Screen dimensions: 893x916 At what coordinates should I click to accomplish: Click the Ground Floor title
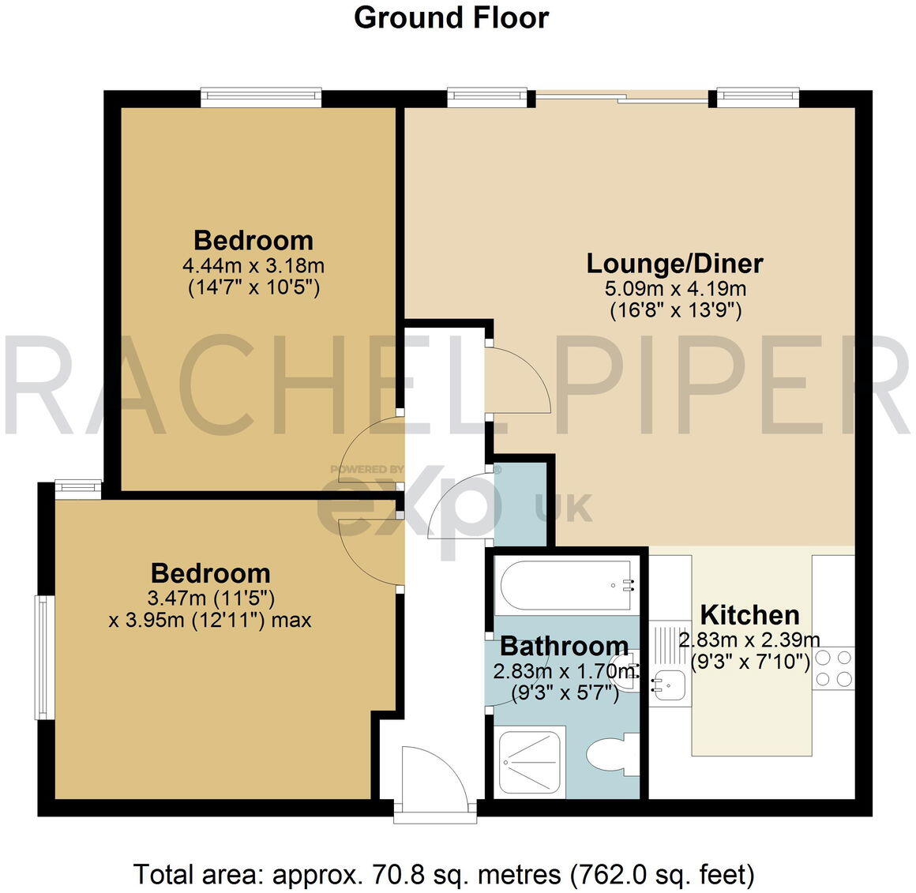[451, 17]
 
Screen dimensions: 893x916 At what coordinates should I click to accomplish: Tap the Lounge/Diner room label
[674, 263]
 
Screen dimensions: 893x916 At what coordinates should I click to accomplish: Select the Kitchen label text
[749, 614]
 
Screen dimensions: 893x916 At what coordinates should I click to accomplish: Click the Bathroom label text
[565, 646]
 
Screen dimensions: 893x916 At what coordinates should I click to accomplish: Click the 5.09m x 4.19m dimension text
[674, 288]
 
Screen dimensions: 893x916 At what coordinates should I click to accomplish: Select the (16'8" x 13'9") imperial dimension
[674, 310]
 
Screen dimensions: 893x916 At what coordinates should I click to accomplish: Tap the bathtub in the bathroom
[565, 586]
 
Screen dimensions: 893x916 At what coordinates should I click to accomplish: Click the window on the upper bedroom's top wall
[261, 97]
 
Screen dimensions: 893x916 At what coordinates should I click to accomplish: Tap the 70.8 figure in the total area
[373, 874]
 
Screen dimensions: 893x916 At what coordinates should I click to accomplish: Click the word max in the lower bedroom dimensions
[291, 620]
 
